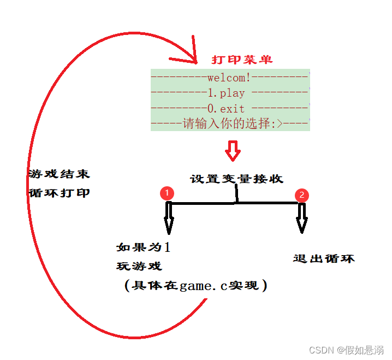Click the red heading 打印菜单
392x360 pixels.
(x=242, y=59)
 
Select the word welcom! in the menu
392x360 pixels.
(x=229, y=78)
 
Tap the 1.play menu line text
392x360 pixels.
(x=226, y=93)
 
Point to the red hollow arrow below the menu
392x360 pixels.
(x=233, y=150)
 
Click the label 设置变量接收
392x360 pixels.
(x=236, y=179)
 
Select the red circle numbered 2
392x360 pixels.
(x=301, y=196)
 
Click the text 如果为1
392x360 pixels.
(x=143, y=247)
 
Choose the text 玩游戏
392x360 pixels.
(x=139, y=266)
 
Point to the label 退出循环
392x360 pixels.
(x=324, y=258)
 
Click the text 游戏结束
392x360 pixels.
(x=59, y=174)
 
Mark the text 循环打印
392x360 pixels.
(x=59, y=193)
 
